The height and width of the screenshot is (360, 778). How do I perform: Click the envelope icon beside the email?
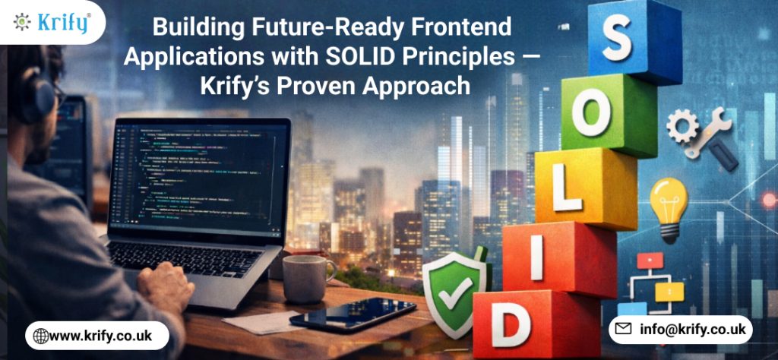624,330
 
